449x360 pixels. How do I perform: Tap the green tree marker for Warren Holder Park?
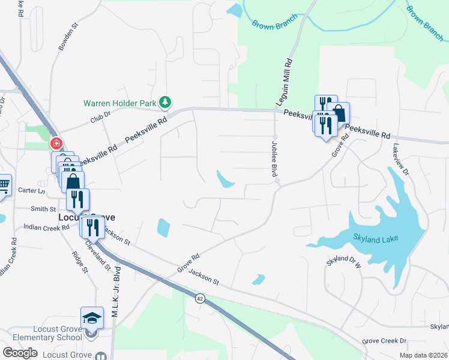tap(165, 103)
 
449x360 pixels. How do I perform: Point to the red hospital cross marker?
tap(55, 144)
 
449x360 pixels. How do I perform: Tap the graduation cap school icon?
tap(92, 316)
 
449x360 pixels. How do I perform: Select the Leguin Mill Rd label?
tap(288, 83)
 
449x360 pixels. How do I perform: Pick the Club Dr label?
tap(101, 119)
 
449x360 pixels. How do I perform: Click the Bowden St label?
tap(68, 37)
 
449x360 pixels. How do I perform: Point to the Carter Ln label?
tap(32, 191)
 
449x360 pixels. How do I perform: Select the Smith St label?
tap(44, 209)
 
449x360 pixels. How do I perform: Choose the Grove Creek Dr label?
tap(384, 341)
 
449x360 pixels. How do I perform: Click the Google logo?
tap(20, 353)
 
